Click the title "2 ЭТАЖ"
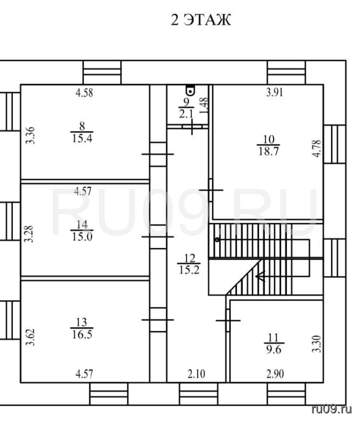point(201,20)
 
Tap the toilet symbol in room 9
point(190,90)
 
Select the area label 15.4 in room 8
point(82,139)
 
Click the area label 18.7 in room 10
point(268,152)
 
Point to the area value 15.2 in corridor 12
point(189,270)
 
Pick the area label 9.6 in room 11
point(274,350)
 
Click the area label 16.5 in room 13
point(82,335)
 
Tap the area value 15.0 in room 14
point(82,237)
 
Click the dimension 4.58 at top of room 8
point(84,93)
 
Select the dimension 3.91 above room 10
point(275,93)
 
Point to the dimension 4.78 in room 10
point(317,148)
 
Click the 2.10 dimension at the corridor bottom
point(196,374)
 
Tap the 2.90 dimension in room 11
point(275,374)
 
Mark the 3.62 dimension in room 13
point(30,337)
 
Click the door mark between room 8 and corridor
point(157,154)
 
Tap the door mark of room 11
point(228,320)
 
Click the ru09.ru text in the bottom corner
point(332,410)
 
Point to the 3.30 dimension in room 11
point(317,344)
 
